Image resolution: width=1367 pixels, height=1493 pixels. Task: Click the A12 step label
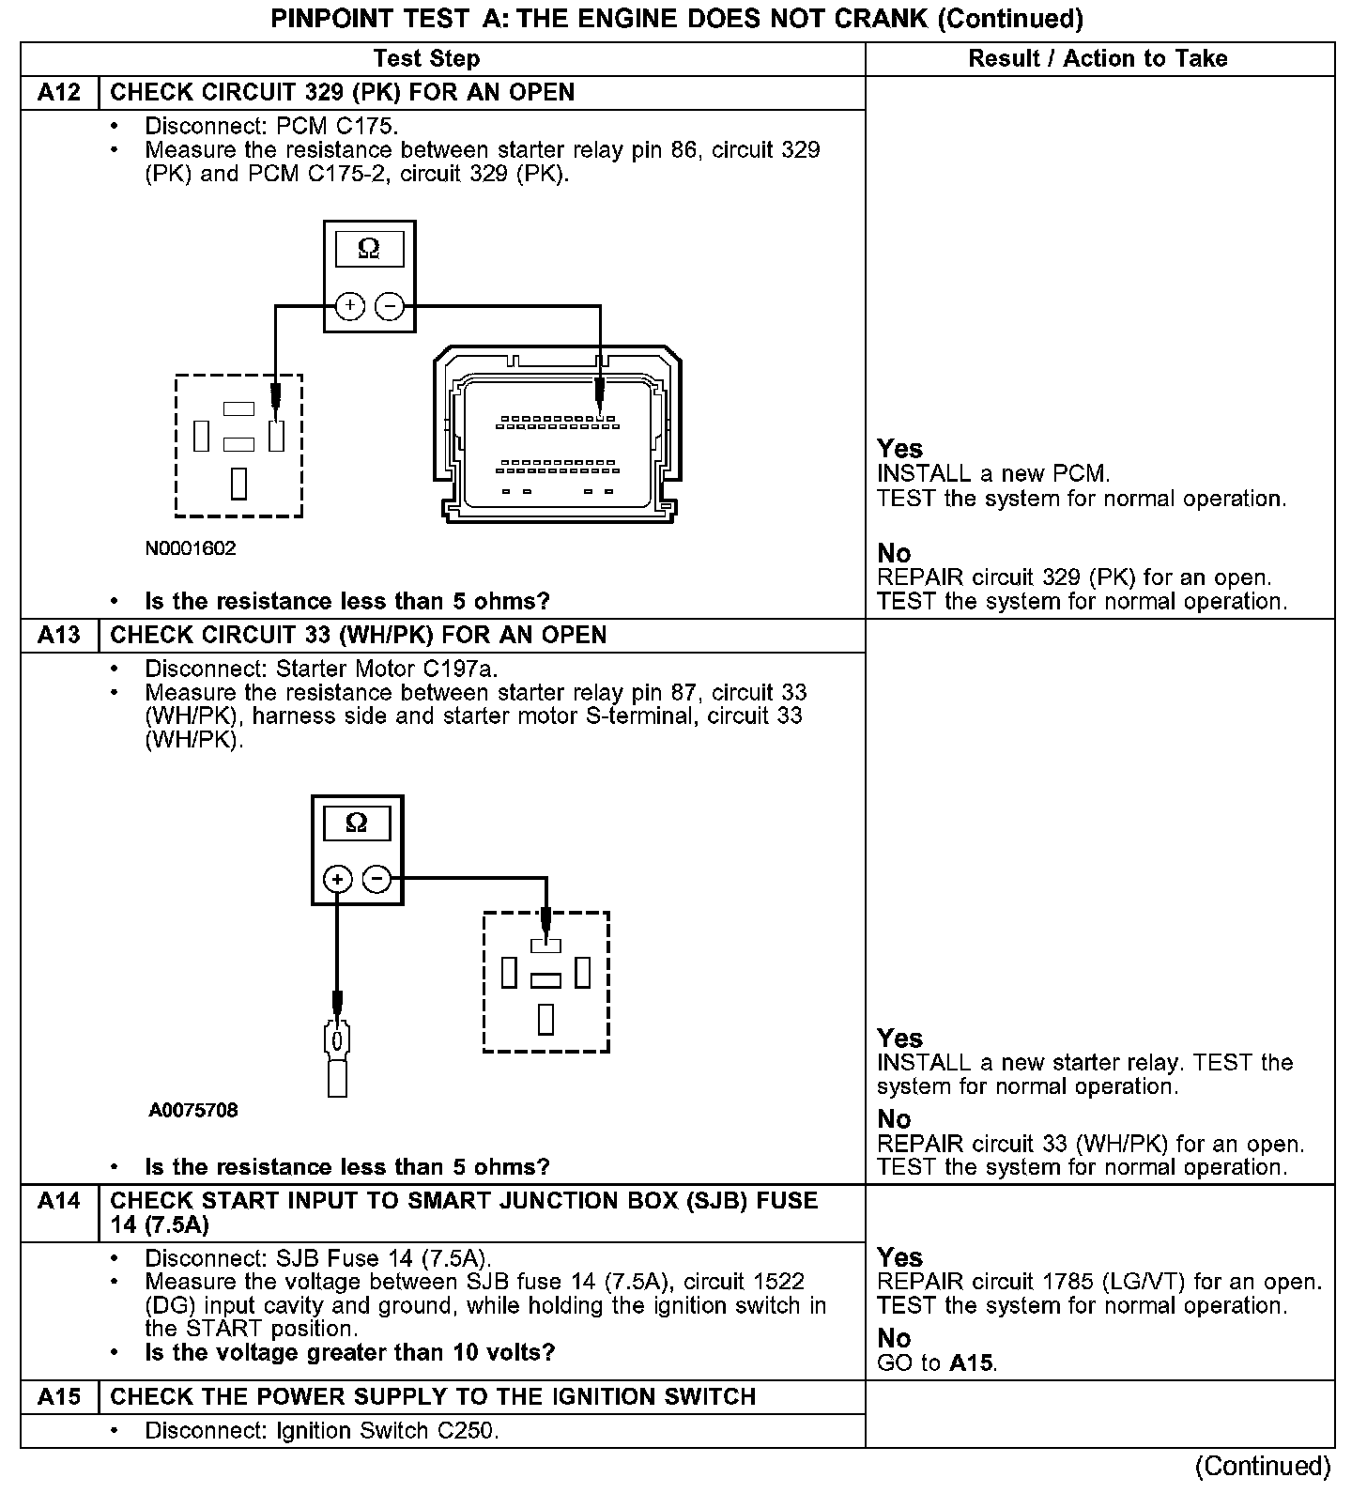click(x=58, y=93)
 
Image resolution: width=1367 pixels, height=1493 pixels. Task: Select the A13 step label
click(x=58, y=636)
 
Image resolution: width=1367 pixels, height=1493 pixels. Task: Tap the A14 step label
click(x=58, y=1201)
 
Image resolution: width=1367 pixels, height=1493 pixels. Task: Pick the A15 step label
click(x=58, y=1397)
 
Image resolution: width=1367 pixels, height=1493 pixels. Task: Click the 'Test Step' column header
click(x=426, y=59)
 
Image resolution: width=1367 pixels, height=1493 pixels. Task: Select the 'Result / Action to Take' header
click(x=1098, y=59)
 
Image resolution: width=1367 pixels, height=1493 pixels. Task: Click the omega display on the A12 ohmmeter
click(x=369, y=250)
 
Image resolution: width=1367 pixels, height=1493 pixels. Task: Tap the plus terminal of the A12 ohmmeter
click(x=349, y=306)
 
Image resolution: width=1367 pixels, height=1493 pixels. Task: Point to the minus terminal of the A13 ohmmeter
click(x=376, y=880)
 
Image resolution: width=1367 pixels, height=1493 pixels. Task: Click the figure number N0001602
click(x=191, y=548)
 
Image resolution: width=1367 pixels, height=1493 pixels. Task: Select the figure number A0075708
click(x=193, y=1110)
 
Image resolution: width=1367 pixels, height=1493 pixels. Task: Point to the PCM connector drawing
click(x=559, y=436)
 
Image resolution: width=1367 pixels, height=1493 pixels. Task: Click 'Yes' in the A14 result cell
click(x=899, y=1257)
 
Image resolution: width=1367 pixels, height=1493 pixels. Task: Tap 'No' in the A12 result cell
click(x=894, y=553)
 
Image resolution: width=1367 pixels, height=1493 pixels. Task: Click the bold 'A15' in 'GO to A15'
click(x=972, y=1362)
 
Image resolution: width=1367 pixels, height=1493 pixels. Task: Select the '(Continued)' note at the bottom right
click(x=1262, y=1466)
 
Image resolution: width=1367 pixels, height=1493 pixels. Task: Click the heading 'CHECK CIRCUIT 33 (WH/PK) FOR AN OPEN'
click(x=359, y=636)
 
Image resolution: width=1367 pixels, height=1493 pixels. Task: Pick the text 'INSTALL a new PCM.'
click(x=992, y=474)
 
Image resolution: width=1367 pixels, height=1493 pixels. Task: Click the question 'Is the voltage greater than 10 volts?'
click(x=349, y=1353)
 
